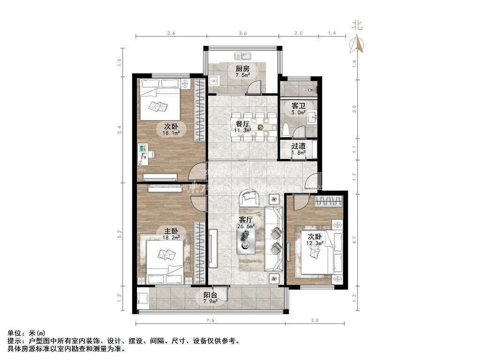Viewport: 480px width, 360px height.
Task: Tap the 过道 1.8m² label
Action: coord(299,149)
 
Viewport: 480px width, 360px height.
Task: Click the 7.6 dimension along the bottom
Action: coord(210,321)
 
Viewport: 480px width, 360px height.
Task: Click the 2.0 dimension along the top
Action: coord(298,33)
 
